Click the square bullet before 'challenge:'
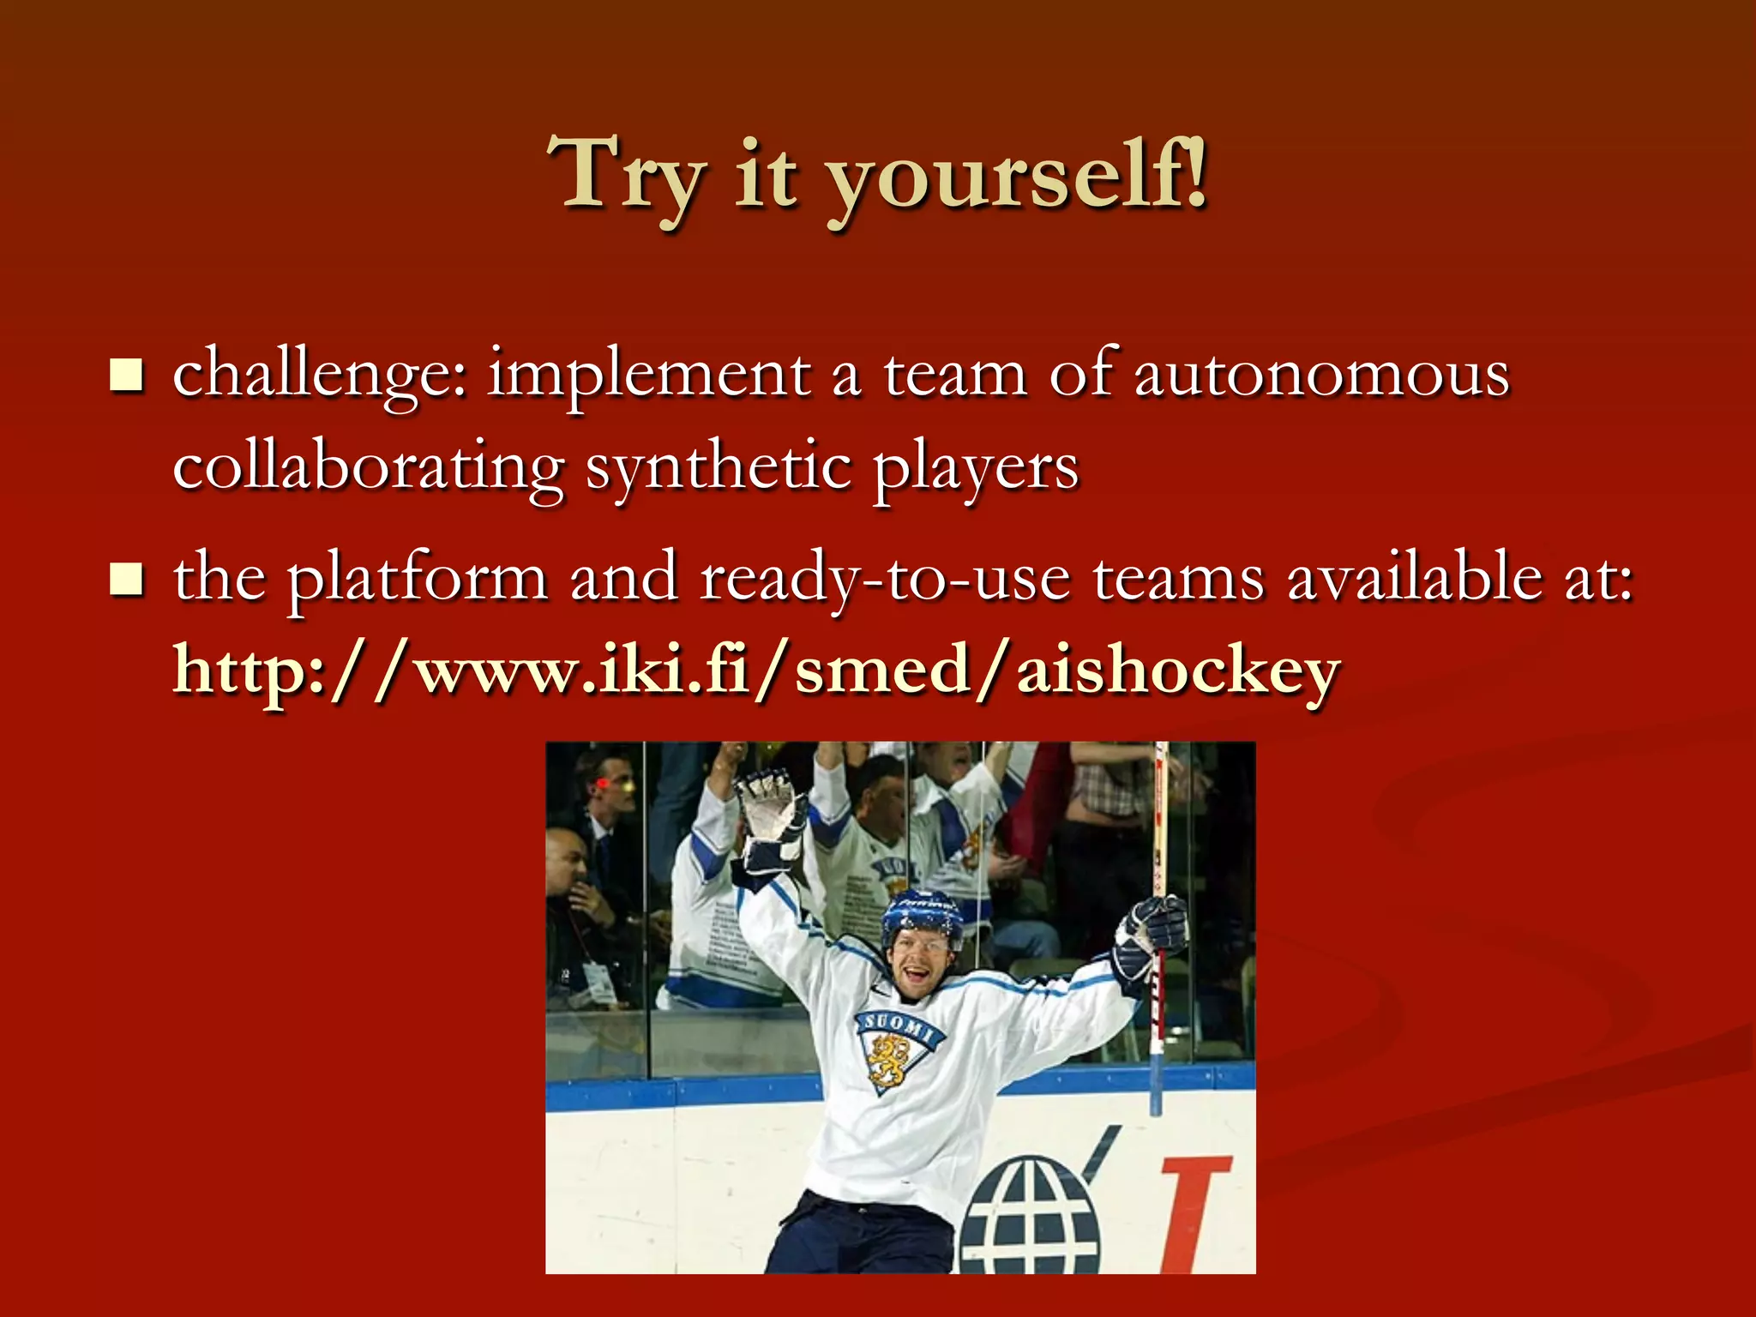click(127, 376)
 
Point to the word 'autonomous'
click(1321, 376)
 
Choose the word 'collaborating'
click(368, 469)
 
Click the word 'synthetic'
click(719, 469)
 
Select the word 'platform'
click(418, 579)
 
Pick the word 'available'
click(1416, 577)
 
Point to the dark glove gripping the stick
click(1152, 935)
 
